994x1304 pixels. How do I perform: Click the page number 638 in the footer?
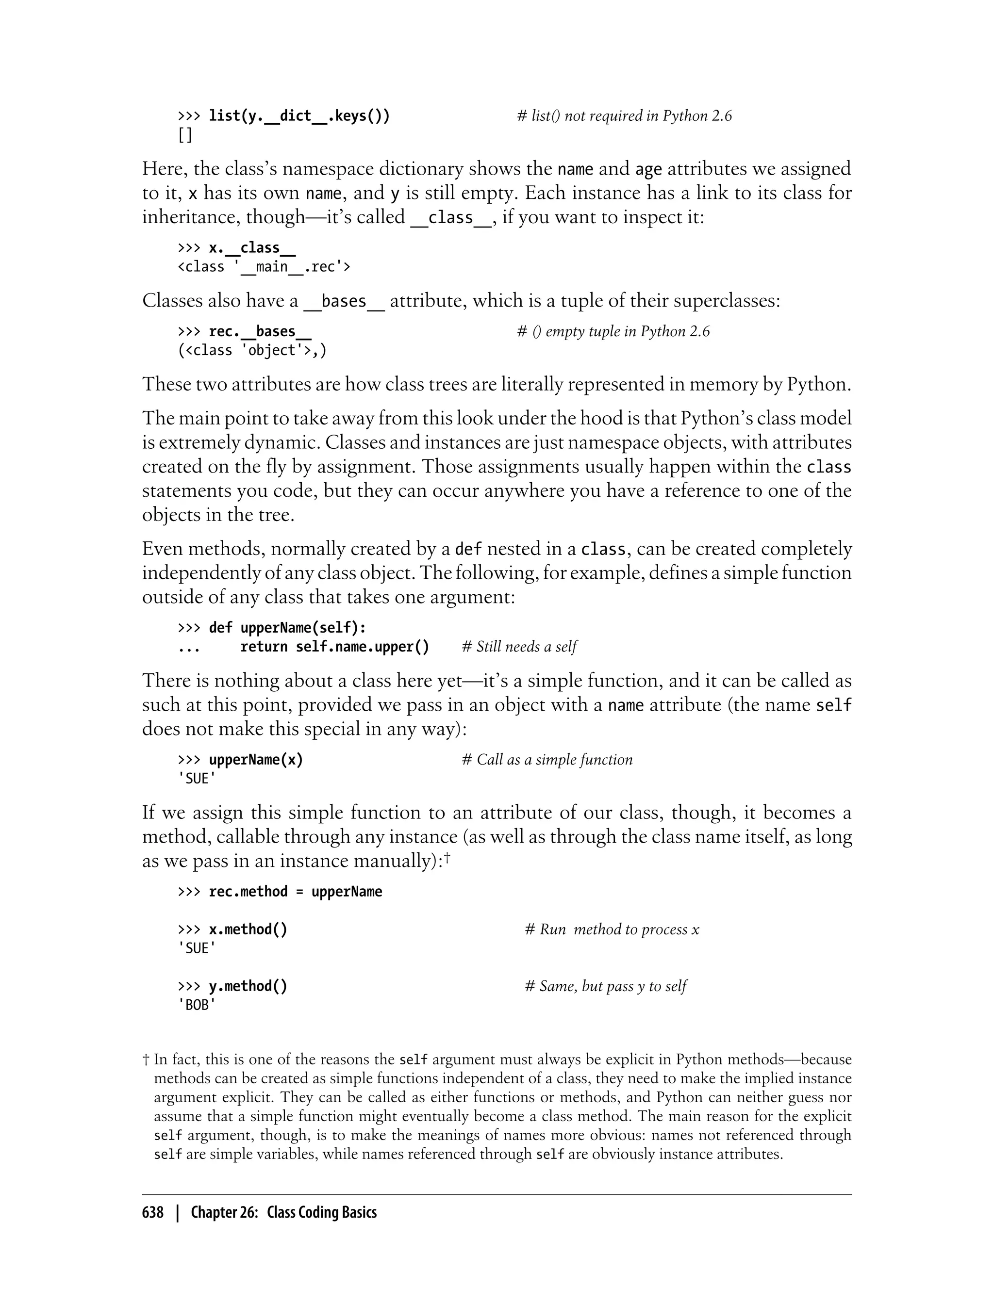(153, 1212)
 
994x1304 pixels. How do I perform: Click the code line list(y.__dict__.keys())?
(299, 116)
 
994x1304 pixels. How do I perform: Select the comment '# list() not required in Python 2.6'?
(624, 116)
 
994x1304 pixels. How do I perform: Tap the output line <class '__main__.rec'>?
(264, 267)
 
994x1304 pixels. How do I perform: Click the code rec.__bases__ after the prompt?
(260, 331)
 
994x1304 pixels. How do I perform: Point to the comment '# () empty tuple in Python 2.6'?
(613, 331)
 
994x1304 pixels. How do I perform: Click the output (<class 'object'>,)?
(252, 350)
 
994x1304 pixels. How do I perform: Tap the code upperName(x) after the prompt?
(256, 759)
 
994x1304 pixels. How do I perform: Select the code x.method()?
(248, 929)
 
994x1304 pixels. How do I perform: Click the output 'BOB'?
(197, 1005)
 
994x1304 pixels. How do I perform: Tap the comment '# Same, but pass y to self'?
(605, 986)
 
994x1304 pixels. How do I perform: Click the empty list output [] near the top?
(184, 135)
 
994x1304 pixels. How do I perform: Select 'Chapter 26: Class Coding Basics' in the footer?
(283, 1212)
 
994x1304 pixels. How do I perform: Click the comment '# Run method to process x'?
(612, 929)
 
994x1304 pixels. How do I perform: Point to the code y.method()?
(248, 986)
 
